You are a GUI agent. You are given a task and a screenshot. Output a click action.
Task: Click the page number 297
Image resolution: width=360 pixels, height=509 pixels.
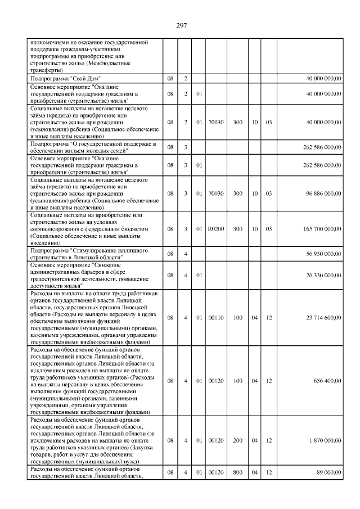tap(181, 25)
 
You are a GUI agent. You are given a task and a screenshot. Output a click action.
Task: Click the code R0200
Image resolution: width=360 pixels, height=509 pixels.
tap(215, 229)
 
